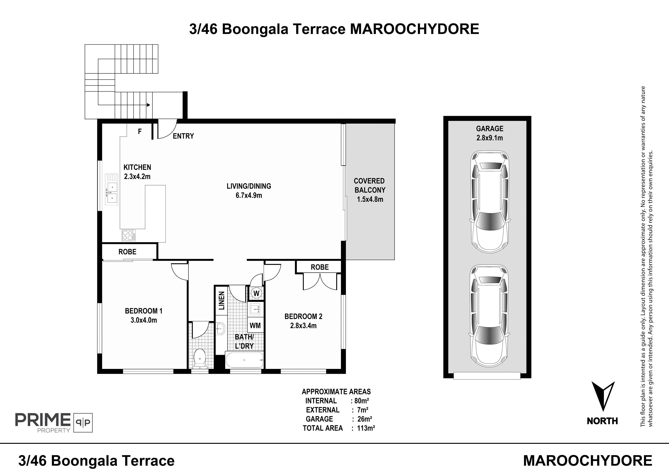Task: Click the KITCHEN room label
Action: pos(137,167)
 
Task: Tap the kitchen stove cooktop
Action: pos(129,235)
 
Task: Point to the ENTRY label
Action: pos(183,136)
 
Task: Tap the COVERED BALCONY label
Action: pos(370,185)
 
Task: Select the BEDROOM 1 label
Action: pos(144,311)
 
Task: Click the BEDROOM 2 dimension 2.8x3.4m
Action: pos(303,326)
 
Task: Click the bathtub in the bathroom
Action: pos(244,360)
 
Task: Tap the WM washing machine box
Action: pos(255,325)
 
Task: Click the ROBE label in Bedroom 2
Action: pos(320,267)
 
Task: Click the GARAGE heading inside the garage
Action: pos(490,129)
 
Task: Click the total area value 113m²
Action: pos(366,428)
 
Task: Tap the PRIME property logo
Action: pos(54,422)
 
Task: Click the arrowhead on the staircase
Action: pos(149,105)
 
